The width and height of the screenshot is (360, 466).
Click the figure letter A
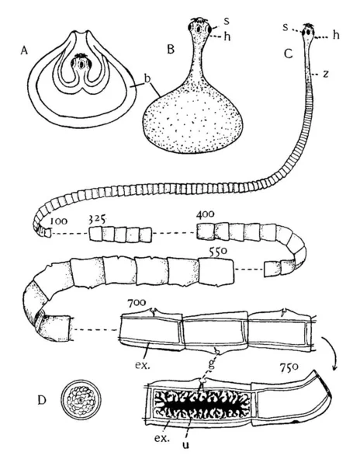tap(24, 51)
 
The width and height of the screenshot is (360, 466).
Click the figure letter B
tap(171, 50)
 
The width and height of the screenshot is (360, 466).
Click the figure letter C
tap(288, 54)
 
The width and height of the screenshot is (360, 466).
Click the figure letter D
tap(42, 400)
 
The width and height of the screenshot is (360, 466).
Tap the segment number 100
tap(58, 221)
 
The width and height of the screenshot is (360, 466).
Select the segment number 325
tap(97, 220)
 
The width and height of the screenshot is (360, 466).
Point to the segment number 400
tap(205, 214)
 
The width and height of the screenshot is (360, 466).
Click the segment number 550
tap(218, 252)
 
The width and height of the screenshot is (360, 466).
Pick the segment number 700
tap(137, 303)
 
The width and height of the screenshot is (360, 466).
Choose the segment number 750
tap(289, 367)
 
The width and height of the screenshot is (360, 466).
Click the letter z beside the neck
tap(326, 74)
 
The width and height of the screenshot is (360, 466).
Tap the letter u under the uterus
tap(185, 445)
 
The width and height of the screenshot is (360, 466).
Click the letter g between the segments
tap(211, 364)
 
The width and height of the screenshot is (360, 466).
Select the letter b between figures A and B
tap(147, 78)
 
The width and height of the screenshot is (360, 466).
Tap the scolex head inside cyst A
tap(80, 64)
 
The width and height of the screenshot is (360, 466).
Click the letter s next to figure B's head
tap(227, 22)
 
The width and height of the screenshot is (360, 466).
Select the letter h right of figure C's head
tap(336, 35)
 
